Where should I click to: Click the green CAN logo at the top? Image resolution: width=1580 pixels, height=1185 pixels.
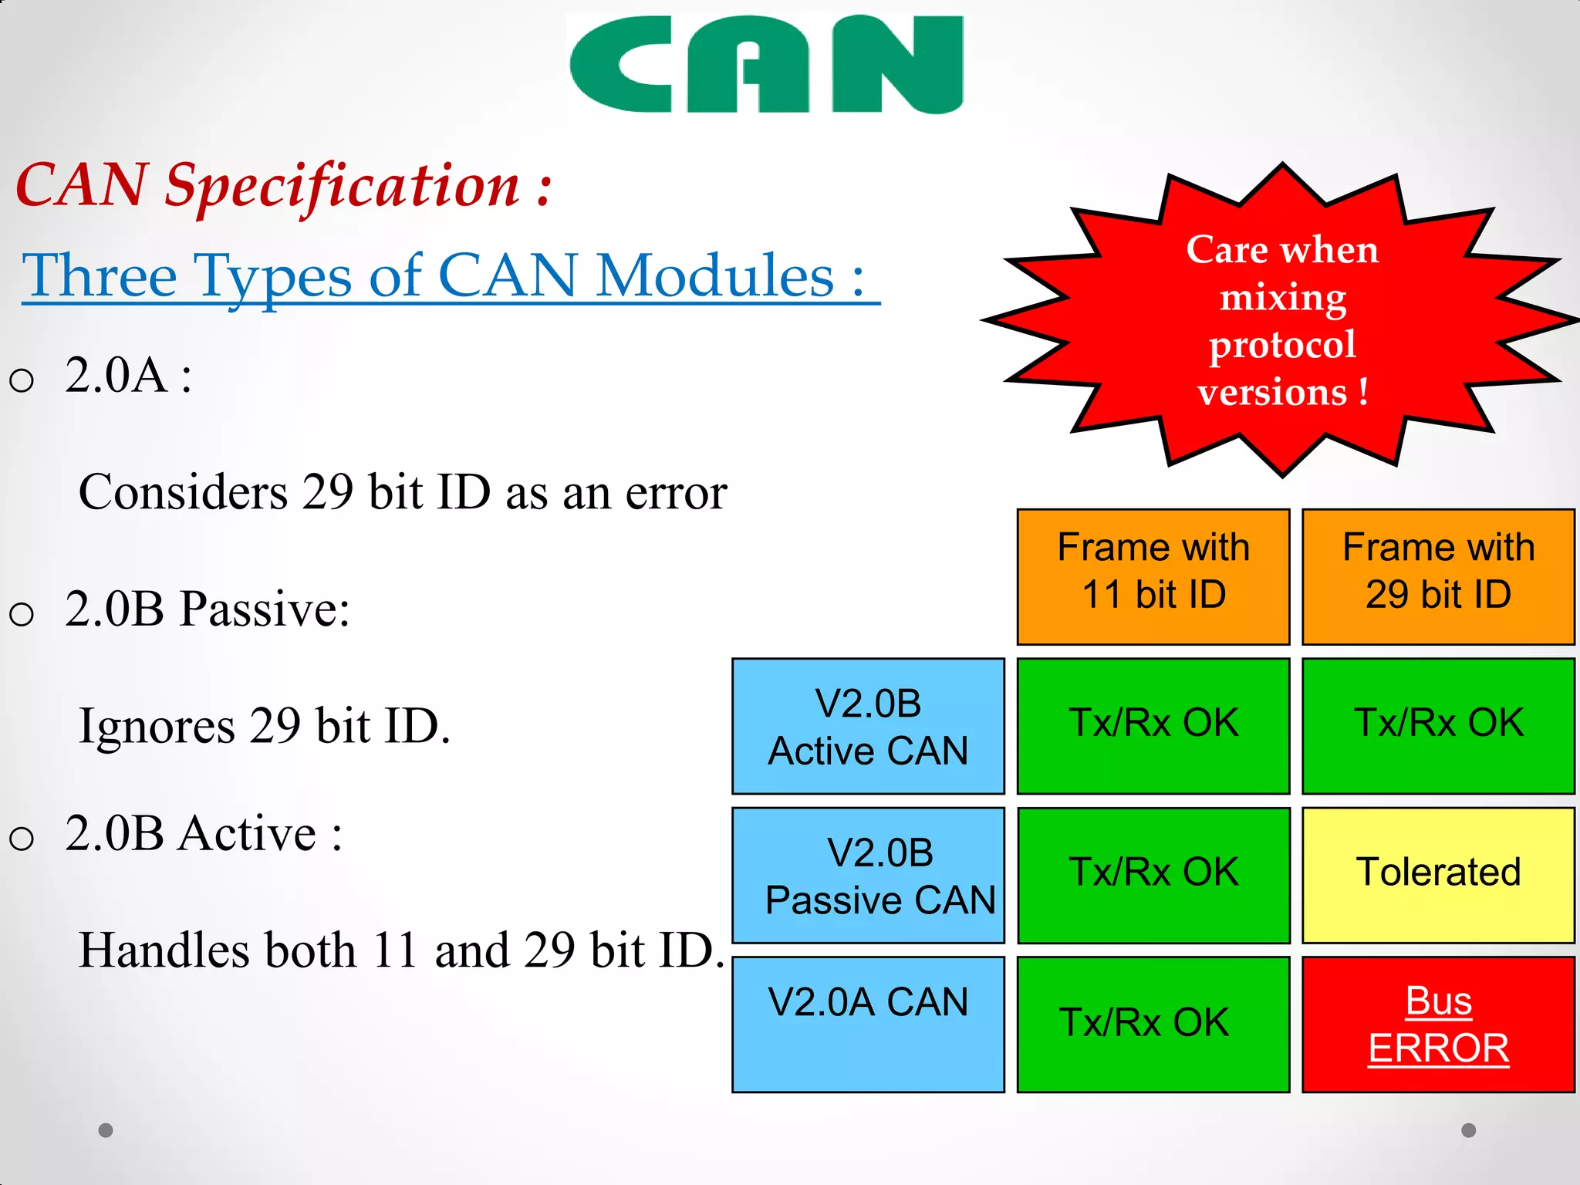point(766,65)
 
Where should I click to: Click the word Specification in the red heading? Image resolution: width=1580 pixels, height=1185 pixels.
point(343,187)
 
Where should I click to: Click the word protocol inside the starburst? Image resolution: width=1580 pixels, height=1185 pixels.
point(1281,344)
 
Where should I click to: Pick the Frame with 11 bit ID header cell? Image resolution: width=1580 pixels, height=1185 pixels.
point(1153,576)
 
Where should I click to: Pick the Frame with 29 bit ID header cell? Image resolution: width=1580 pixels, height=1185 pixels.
point(1438,576)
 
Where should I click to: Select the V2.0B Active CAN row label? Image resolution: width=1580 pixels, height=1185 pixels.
point(868,726)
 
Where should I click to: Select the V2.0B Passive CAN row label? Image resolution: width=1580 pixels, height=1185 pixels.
point(868,876)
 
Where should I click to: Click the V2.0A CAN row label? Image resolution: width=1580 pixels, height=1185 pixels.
point(868,1024)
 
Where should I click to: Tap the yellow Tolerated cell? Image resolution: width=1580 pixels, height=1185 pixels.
point(1438,874)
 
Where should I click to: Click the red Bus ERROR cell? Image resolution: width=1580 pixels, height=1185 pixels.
point(1438,1025)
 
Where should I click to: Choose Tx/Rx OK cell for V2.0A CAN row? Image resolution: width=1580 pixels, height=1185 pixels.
point(1153,1024)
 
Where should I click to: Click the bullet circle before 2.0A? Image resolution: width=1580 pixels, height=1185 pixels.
point(22,380)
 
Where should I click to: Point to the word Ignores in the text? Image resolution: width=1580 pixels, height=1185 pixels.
point(157,727)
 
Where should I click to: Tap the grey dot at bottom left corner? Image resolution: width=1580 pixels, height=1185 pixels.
point(106,1130)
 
